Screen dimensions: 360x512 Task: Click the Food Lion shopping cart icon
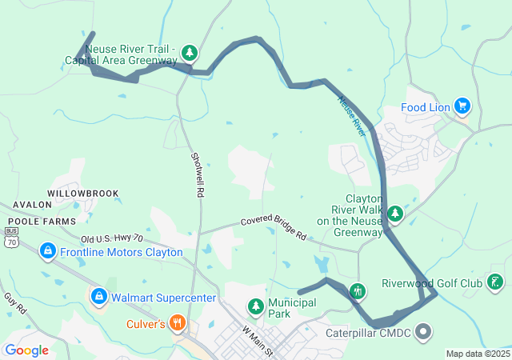tap(462, 106)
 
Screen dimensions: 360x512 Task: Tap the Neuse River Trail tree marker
tap(189, 54)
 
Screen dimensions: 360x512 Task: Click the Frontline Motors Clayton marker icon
tap(47, 252)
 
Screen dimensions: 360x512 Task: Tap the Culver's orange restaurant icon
tap(178, 324)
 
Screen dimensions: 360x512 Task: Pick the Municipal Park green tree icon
tap(255, 306)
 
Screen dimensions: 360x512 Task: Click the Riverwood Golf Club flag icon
tap(496, 282)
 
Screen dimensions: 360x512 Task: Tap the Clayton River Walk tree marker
tap(395, 214)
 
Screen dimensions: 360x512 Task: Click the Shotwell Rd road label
tap(198, 175)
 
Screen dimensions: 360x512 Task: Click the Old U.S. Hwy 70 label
tap(111, 238)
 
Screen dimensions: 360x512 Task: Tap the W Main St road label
tap(258, 341)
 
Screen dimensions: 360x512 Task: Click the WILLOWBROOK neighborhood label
tap(82, 194)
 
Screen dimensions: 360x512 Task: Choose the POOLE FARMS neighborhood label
tap(42, 221)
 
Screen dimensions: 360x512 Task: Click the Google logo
tap(26, 350)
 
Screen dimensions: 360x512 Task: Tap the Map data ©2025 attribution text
tap(477, 354)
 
